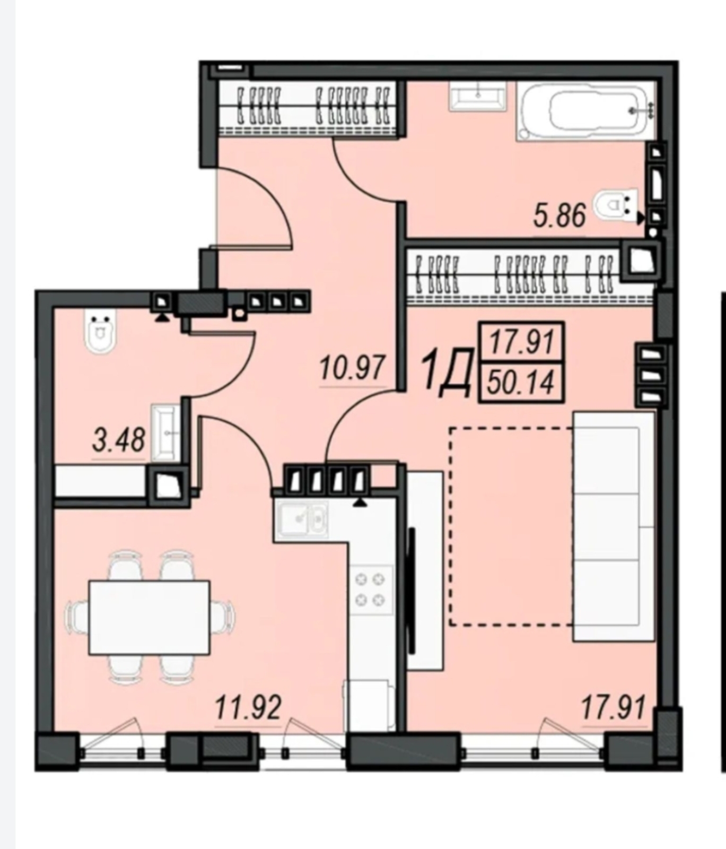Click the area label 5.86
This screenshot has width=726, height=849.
559,215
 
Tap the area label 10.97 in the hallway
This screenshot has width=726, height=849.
352,367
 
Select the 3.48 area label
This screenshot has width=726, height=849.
118,440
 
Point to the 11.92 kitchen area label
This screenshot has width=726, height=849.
248,707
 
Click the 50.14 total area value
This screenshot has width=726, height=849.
521,383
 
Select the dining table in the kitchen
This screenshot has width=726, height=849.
149,617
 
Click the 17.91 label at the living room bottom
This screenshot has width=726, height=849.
614,708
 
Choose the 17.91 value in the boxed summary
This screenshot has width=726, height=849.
521,342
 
